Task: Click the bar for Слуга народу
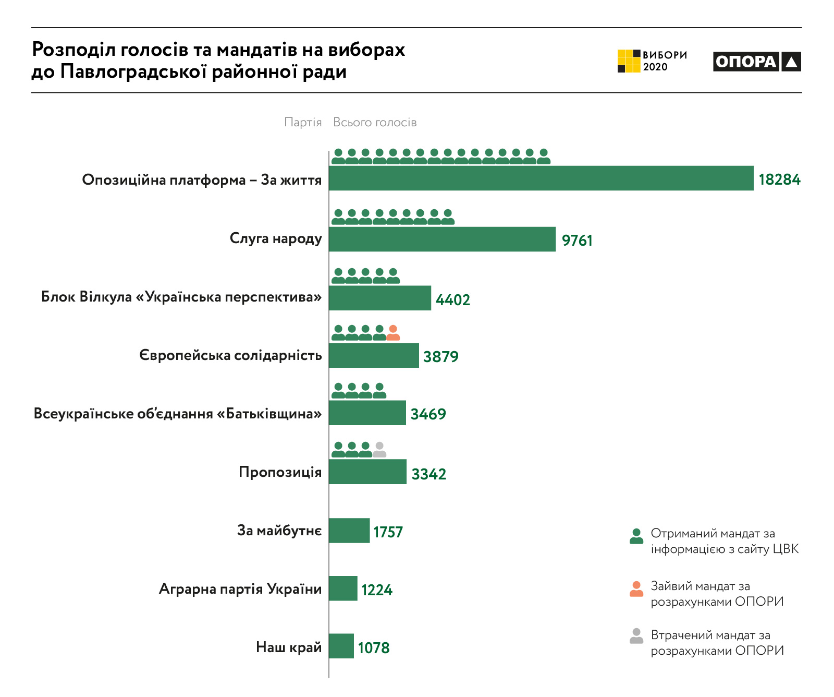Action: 442,239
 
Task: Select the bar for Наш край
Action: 341,646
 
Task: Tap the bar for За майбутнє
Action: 349,531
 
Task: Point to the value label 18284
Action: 779,179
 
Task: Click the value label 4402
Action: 452,300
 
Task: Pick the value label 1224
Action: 376,590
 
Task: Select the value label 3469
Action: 428,414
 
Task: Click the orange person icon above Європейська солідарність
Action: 393,333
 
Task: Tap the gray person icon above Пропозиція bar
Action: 379,450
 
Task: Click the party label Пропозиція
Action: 280,472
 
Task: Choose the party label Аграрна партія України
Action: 240,589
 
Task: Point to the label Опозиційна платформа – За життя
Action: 202,180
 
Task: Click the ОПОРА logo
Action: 756,62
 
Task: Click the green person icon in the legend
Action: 636,536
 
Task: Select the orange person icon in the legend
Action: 636,589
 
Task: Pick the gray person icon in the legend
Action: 636,636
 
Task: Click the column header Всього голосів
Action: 375,123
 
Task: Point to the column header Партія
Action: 303,123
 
